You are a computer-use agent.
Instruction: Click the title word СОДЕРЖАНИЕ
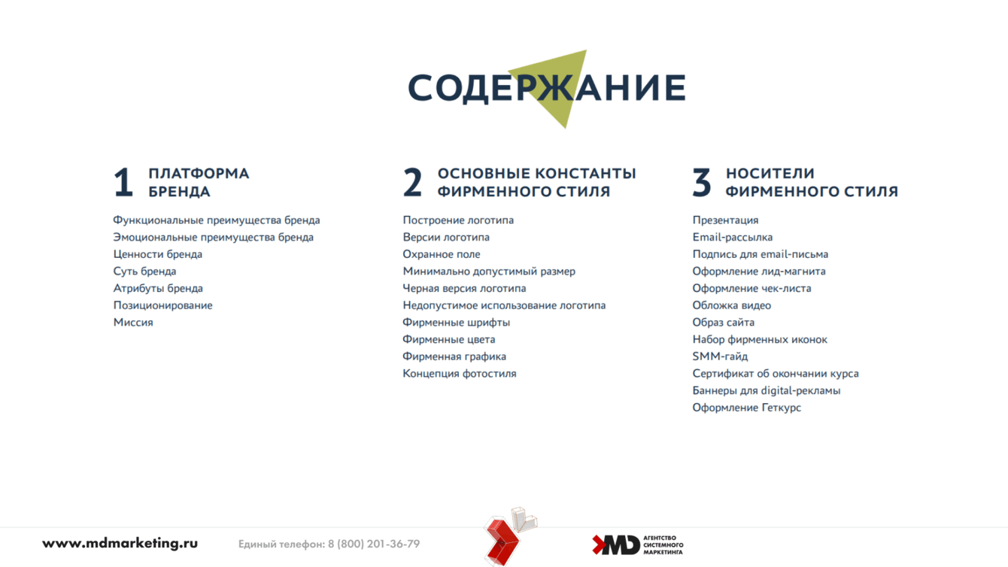click(547, 88)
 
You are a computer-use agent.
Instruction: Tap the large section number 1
click(123, 182)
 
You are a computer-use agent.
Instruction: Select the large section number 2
click(412, 182)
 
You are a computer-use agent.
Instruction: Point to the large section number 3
click(702, 182)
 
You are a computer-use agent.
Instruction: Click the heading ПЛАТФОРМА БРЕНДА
click(199, 182)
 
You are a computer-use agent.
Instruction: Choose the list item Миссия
click(133, 322)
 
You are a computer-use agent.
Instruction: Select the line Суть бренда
click(144, 271)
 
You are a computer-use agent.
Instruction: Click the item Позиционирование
click(162, 305)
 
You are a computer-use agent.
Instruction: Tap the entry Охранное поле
click(442, 254)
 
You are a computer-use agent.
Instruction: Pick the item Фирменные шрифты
click(457, 323)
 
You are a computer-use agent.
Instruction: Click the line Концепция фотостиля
click(460, 374)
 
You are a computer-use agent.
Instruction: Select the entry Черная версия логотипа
click(464, 289)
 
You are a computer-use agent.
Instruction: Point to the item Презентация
click(725, 220)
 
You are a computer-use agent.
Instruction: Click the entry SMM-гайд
click(720, 356)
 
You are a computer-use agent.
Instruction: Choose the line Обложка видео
click(732, 305)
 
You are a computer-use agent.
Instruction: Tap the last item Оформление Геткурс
click(746, 408)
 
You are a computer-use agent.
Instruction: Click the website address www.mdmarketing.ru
click(120, 544)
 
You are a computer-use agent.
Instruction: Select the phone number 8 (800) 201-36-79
click(374, 544)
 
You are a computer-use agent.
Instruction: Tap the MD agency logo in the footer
click(638, 545)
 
